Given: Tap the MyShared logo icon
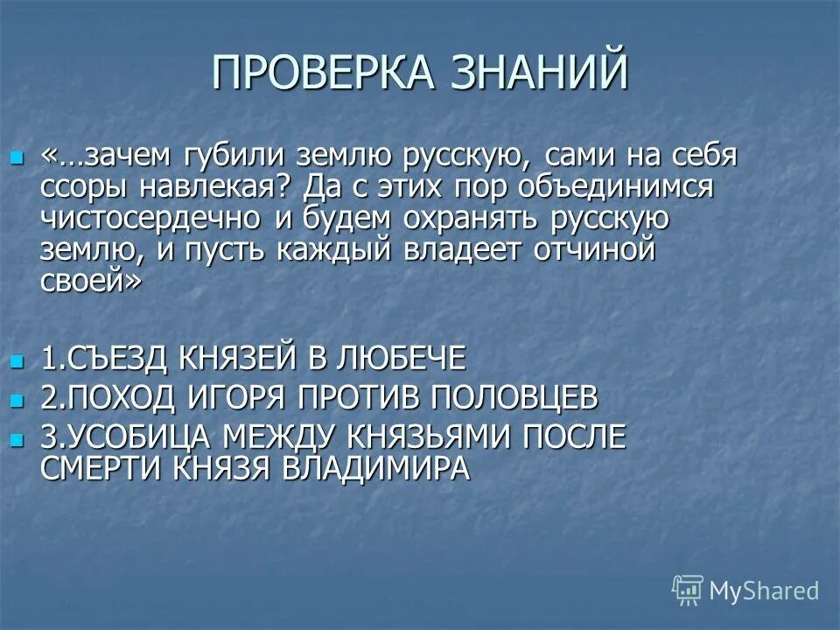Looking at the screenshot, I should (x=688, y=590).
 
